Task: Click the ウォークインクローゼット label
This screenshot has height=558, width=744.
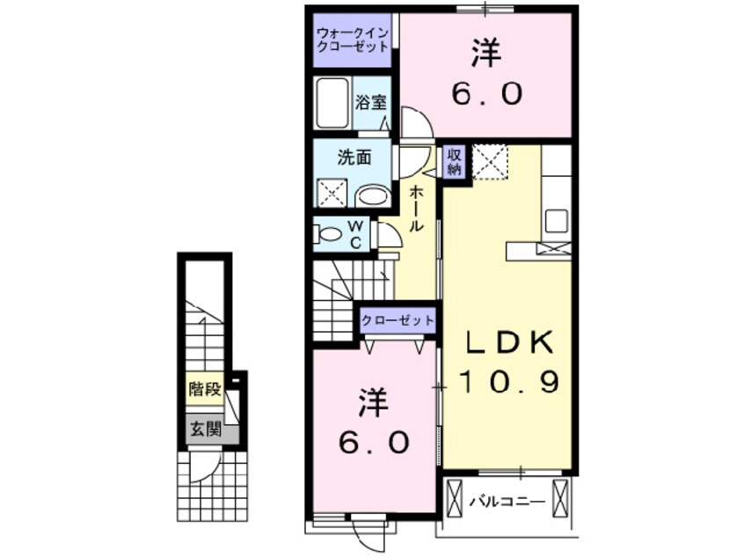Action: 353,40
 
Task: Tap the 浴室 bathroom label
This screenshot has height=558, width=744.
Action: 371,103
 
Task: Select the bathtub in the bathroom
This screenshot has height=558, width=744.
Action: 332,103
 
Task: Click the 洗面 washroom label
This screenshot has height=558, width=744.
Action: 354,158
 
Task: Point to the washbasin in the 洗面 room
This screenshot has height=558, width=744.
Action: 373,195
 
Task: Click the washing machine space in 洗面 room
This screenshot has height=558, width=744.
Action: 332,193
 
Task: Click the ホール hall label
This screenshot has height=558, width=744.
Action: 416,209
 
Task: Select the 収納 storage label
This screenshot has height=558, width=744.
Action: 454,162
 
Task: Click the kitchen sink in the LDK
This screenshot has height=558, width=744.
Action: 557,221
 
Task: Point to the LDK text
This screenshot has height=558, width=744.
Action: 509,341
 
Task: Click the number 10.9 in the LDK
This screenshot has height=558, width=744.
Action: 509,382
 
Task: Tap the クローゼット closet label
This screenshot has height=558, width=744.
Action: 398,320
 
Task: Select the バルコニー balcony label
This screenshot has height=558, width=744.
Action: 507,502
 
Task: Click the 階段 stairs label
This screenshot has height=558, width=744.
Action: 205,390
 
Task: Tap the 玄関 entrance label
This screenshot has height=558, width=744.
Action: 206,430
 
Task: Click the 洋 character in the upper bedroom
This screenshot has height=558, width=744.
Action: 485,54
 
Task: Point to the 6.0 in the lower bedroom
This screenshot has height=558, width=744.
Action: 374,443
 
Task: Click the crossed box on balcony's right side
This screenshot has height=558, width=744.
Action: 560,498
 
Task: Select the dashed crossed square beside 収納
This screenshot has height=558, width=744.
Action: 490,161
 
